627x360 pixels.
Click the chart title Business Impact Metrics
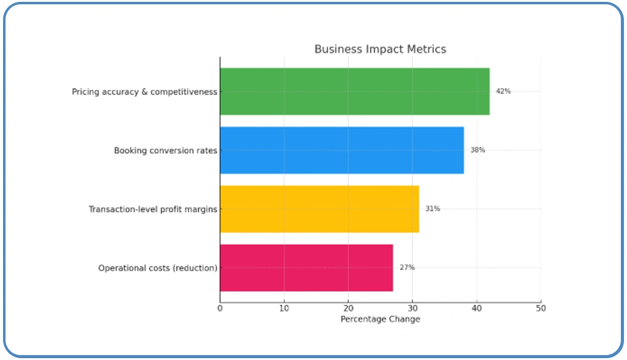[380, 49]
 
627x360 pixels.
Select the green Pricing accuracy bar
[354, 91]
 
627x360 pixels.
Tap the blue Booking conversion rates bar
[342, 150]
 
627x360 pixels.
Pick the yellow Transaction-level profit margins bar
[319, 208]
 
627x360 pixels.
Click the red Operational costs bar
[306, 267]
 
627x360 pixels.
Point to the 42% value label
[503, 91]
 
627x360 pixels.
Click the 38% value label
[477, 150]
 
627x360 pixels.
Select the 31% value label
[433, 208]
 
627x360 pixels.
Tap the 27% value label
[407, 267]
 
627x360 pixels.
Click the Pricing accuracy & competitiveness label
[144, 92]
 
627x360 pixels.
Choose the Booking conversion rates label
[166, 150]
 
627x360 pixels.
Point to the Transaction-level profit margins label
[153, 209]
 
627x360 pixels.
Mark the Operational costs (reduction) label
[158, 268]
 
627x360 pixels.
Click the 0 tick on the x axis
[220, 309]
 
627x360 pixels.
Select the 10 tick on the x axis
[284, 309]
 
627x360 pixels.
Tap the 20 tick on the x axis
[348, 309]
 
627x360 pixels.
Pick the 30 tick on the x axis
[413, 309]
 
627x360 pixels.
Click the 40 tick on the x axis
[477, 309]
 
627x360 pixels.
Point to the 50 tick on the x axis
[541, 309]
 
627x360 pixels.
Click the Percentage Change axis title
[380, 319]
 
